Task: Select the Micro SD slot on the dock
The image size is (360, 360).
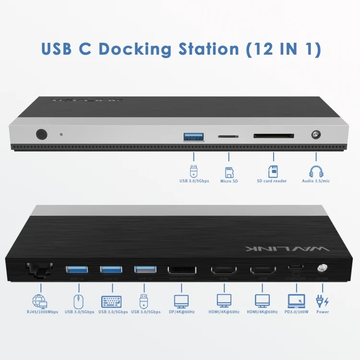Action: (228, 136)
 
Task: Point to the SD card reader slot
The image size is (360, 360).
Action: (274, 136)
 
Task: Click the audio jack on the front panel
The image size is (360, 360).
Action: (316, 135)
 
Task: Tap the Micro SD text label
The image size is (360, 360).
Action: (229, 181)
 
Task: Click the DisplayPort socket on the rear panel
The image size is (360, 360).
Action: (181, 270)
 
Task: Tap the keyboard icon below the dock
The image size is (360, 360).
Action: (111, 301)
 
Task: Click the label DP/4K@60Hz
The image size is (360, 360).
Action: (181, 312)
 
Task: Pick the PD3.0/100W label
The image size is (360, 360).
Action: (297, 312)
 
